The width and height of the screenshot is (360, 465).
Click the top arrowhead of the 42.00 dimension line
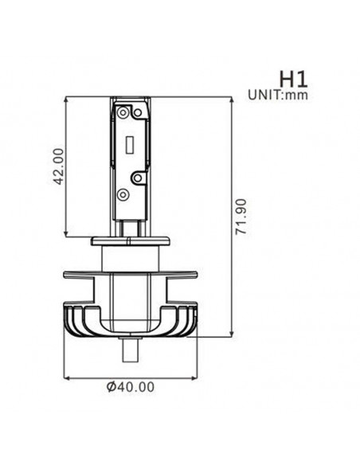coord(65,101)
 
